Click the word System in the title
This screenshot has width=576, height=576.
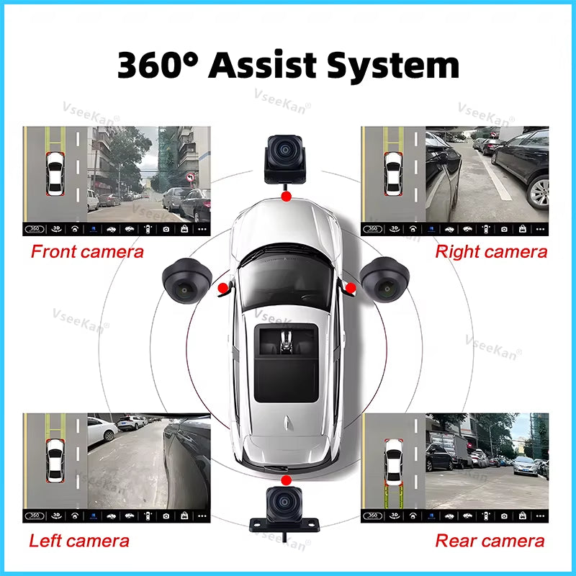pos(392,66)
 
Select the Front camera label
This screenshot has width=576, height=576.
pos(87,251)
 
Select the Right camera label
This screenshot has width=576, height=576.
pos(491,251)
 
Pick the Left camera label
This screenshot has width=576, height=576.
pos(79,541)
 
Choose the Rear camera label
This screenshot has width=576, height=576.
pos(490,541)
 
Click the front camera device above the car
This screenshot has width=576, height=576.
pos(285,155)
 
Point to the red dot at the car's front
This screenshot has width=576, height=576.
pos(287,196)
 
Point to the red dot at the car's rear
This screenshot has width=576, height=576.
pos(286,480)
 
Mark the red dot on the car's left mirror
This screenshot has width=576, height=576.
pos(223,288)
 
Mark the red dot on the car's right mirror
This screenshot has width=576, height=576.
pos(351,288)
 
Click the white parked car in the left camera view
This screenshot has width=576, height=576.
pos(103,430)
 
